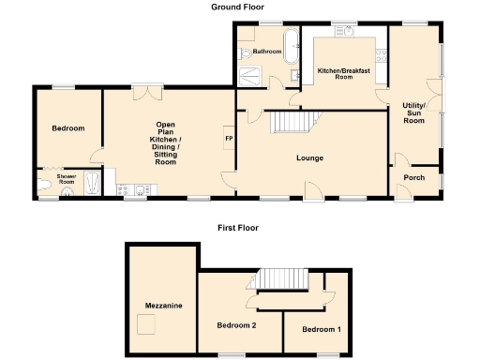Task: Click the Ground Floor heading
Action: click(238, 6)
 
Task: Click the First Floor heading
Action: click(238, 227)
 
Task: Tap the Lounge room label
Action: click(310, 157)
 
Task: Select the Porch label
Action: click(413, 177)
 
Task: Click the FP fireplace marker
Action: click(229, 140)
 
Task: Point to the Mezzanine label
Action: click(163, 306)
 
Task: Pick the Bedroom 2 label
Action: click(236, 325)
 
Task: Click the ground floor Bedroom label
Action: click(67, 128)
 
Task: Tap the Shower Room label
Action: click(66, 178)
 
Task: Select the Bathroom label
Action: click(266, 52)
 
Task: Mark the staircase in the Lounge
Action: click(291, 123)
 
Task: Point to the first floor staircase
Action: click(282, 279)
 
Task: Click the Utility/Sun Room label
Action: click(413, 112)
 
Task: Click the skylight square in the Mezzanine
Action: click(146, 324)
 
